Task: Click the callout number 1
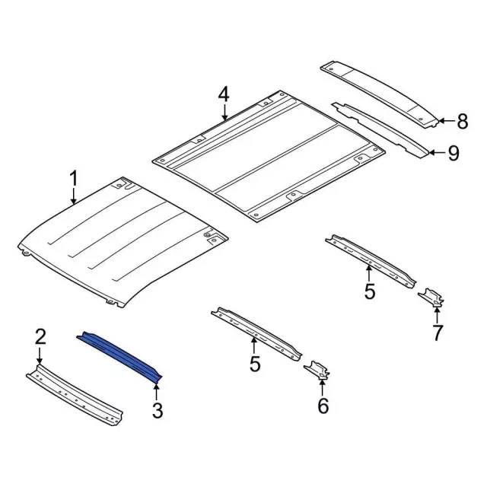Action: tap(74, 179)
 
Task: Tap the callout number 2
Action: tap(40, 337)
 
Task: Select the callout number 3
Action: tap(158, 410)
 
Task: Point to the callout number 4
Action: tap(224, 94)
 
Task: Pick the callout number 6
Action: tap(323, 406)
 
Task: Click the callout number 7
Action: tap(438, 333)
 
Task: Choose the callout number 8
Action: tap(463, 122)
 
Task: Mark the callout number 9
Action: tap(454, 153)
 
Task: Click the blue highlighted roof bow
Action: tap(119, 356)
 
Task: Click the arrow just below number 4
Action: tap(224, 113)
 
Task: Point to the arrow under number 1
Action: tap(74, 197)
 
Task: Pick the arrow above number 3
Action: tap(157, 392)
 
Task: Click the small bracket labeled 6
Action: tap(317, 370)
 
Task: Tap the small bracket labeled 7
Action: tap(431, 298)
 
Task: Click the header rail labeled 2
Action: tap(75, 395)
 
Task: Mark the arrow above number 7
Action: tap(437, 314)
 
